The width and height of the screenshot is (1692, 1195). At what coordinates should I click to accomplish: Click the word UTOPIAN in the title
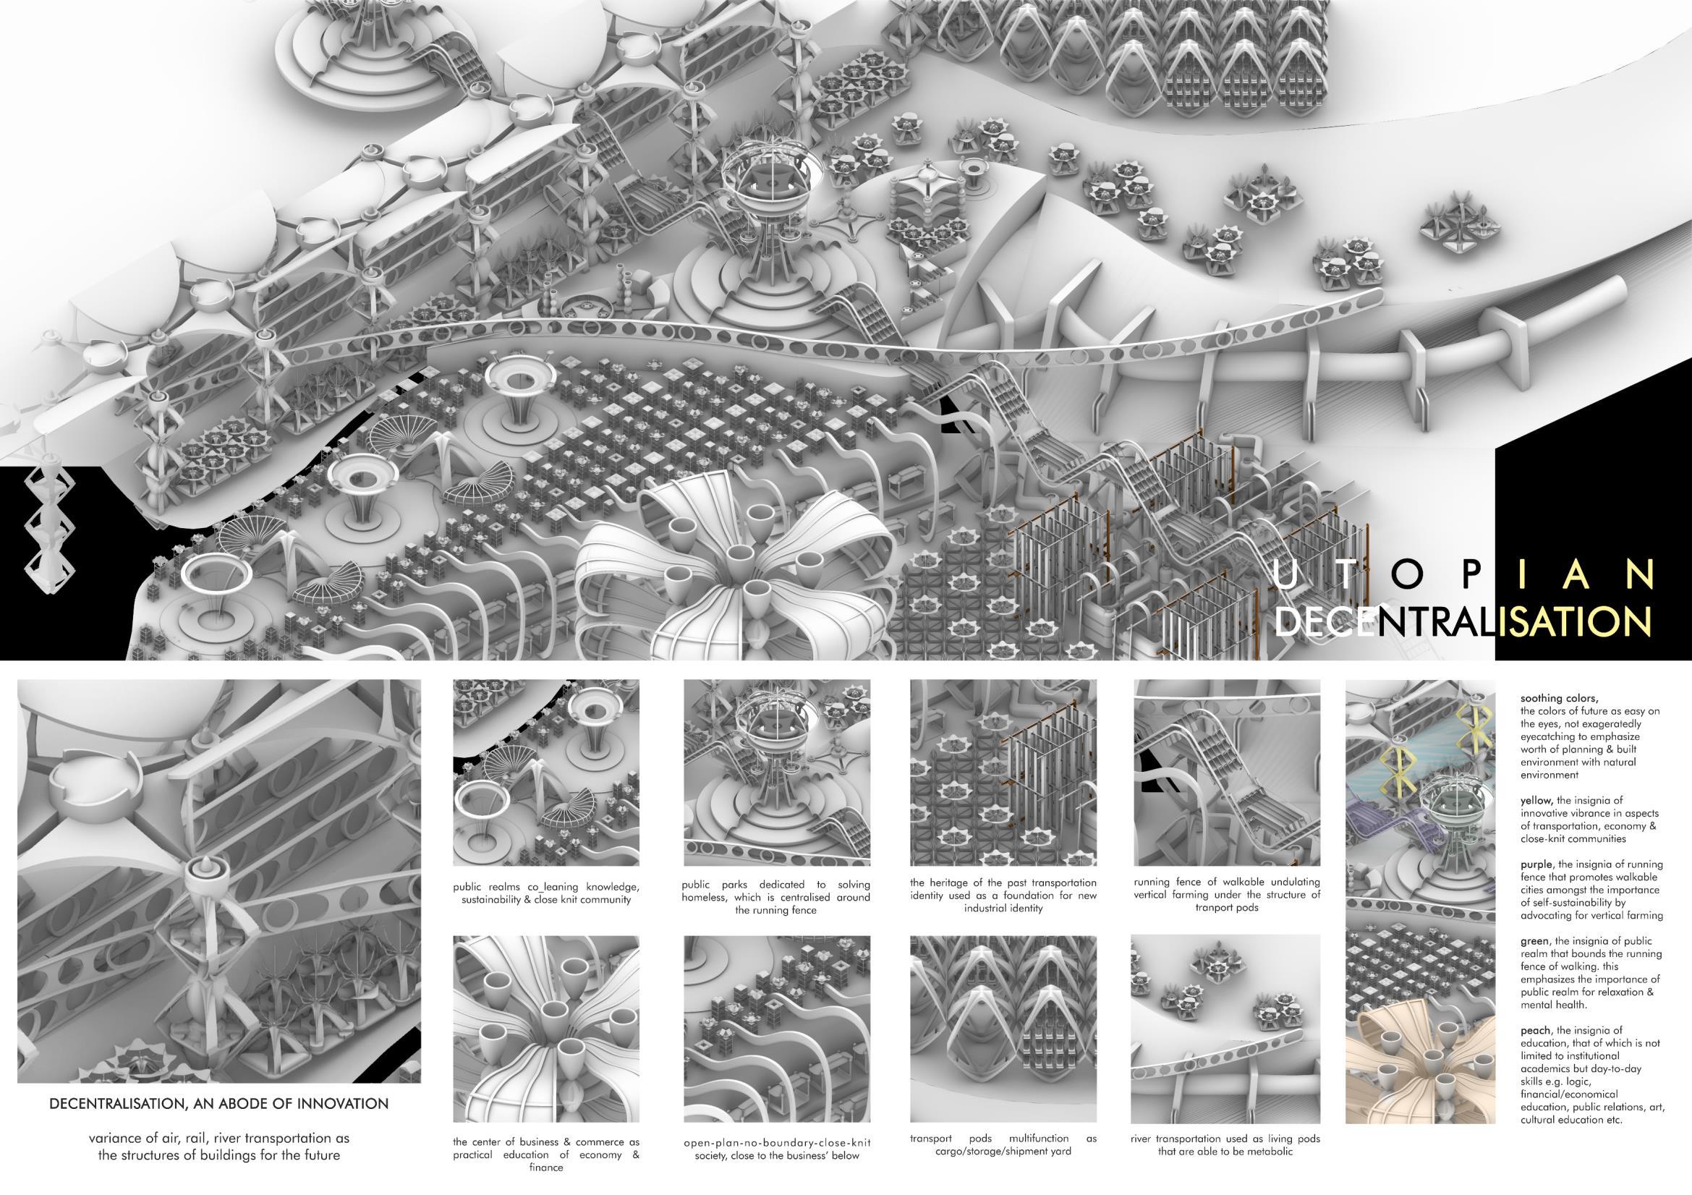(1462, 574)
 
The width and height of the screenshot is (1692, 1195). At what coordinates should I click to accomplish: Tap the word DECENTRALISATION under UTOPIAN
(1462, 622)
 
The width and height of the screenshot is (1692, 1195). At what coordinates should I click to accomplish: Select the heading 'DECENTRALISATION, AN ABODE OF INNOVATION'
(219, 1104)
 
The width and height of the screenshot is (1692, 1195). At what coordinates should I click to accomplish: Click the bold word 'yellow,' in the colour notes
(1537, 800)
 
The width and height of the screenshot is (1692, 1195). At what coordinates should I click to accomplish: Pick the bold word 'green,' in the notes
(1536, 942)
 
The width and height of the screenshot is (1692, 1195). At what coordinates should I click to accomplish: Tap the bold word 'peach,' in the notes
(1537, 1031)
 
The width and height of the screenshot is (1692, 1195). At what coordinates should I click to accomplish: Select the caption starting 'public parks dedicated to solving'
(777, 897)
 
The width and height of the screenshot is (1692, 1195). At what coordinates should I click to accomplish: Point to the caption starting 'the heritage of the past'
(1003, 895)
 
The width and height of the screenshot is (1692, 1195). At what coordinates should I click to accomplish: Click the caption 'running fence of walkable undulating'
(1227, 894)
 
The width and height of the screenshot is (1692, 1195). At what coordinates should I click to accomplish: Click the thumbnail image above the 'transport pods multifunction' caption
(1003, 1029)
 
